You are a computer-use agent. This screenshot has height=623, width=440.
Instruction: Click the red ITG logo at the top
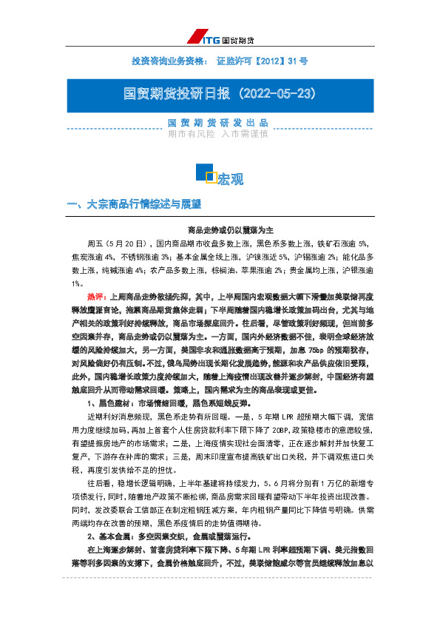click(201, 38)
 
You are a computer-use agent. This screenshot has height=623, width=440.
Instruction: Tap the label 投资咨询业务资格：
click(171, 60)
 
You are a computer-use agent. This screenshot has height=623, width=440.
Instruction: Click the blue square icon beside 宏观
click(206, 173)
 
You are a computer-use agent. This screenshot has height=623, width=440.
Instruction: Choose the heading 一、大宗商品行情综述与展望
click(134, 203)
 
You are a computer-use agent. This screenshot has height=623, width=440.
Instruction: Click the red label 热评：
click(96, 294)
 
